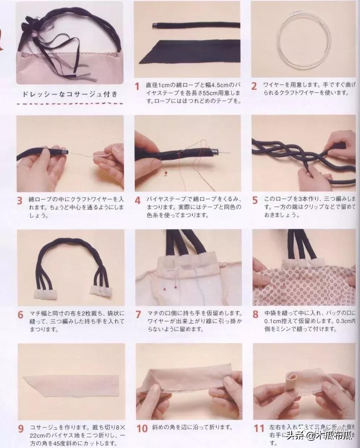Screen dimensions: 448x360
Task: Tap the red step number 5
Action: (x=255, y=200)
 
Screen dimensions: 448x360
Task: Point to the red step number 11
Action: (x=259, y=428)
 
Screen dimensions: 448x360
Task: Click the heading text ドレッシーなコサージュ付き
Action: (x=70, y=95)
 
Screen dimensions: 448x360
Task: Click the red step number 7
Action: (x=138, y=314)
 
